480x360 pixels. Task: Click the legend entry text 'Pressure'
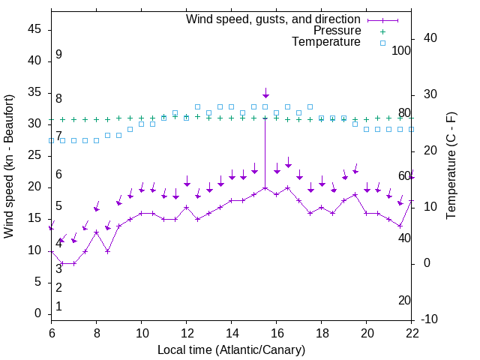tap(337, 31)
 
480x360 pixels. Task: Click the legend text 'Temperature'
tap(326, 42)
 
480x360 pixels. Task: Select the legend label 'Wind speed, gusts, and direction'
tap(273, 19)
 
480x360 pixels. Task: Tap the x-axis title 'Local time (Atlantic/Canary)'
tap(231, 349)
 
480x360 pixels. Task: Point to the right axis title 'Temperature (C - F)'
tap(451, 166)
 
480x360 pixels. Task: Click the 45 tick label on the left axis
tap(34, 29)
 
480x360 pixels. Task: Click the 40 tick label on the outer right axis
tap(430, 38)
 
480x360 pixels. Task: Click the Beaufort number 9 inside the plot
tap(58, 55)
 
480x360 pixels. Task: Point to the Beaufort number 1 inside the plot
tap(58, 306)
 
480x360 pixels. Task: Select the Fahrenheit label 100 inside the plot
tap(402, 51)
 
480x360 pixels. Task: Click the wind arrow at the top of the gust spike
tap(265, 94)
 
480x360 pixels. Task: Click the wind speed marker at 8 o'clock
tap(97, 232)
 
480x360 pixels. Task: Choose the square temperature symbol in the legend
tap(382, 43)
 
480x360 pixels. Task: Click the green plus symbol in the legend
tap(382, 31)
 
